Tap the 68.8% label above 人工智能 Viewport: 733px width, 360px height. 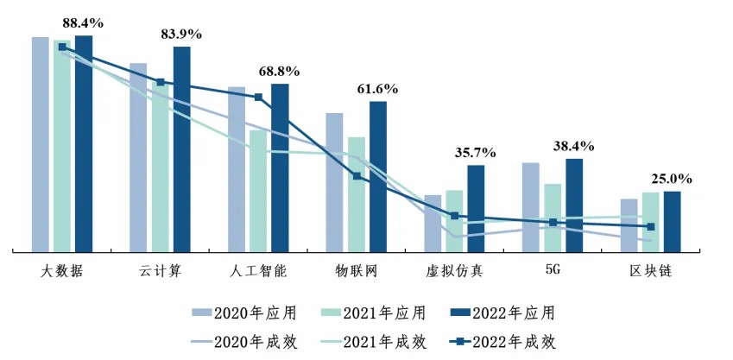coord(281,71)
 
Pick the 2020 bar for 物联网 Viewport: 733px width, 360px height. coord(334,182)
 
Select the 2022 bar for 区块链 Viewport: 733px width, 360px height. coord(672,221)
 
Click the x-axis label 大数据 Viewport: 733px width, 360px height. coord(62,271)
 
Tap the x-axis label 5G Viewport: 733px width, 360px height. coord(553,270)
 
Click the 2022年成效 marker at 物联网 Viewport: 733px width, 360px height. coord(357,176)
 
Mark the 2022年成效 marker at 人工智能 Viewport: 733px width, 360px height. coord(258,98)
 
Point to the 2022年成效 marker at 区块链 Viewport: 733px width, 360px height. coord(651,227)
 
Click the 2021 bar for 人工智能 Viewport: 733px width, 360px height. coord(258,191)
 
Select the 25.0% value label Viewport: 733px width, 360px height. coord(671,180)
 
